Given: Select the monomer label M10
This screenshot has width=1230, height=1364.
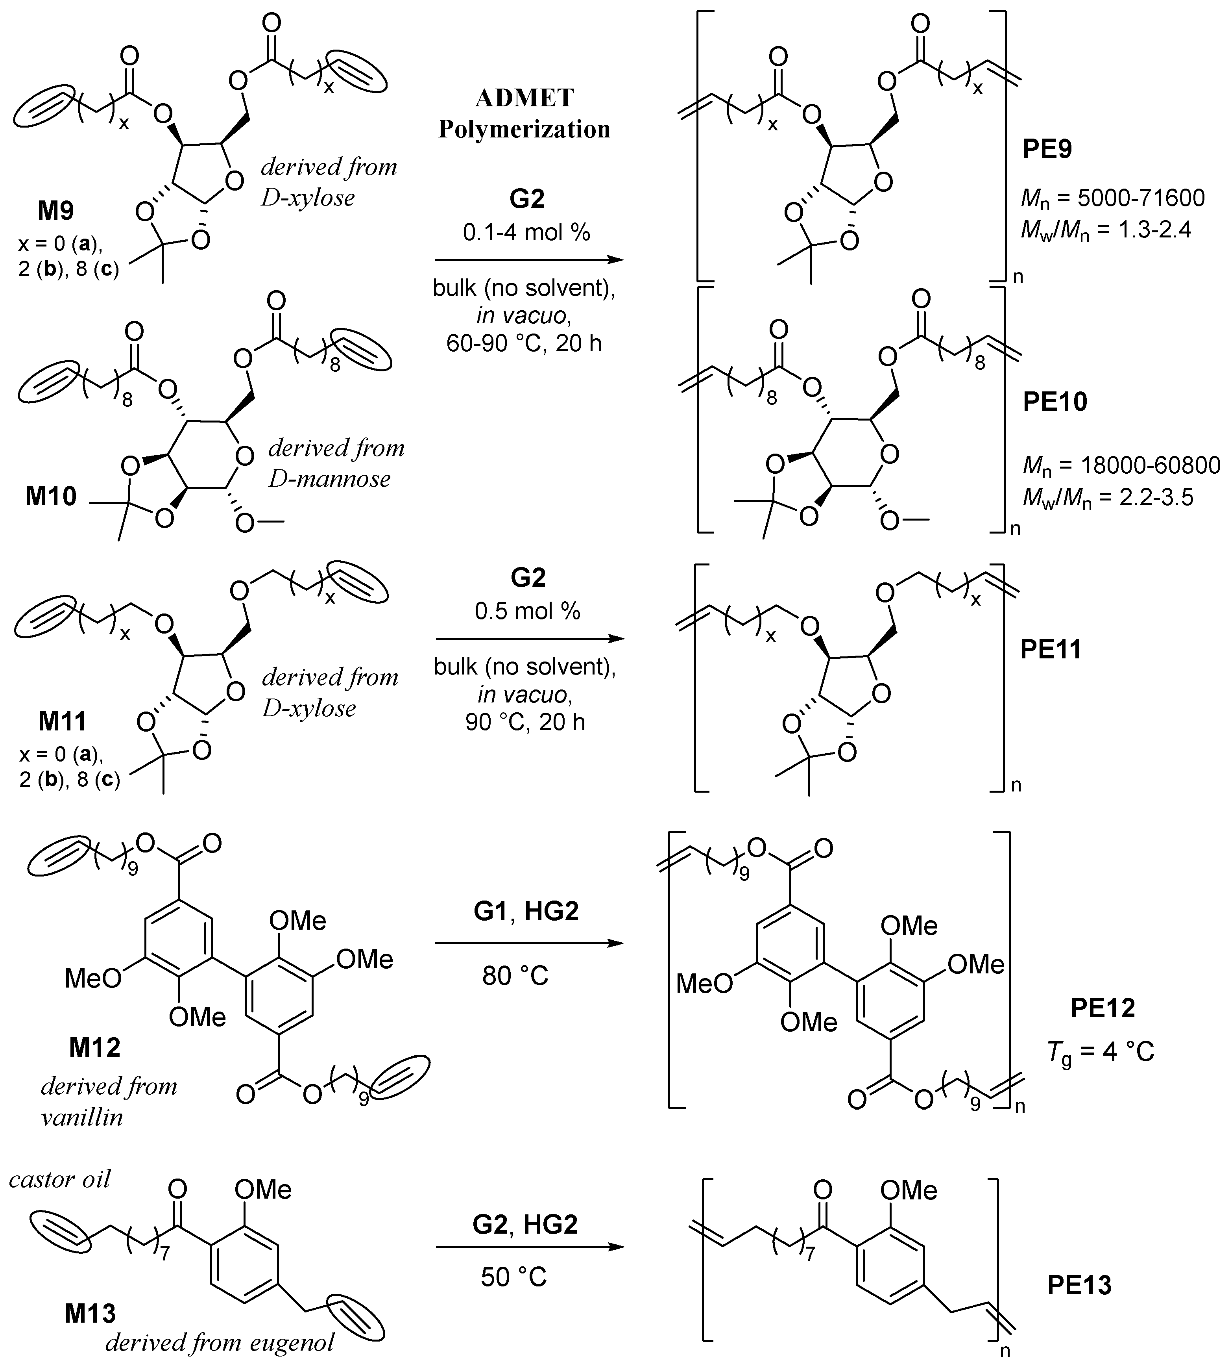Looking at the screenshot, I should [x=52, y=497].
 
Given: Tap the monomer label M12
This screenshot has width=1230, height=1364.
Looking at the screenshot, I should [x=94, y=1047].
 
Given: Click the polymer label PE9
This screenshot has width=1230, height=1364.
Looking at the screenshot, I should [x=1047, y=149].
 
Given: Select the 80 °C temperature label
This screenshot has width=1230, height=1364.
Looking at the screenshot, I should [x=515, y=976].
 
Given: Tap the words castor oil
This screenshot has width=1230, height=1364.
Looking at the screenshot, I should [x=59, y=1179].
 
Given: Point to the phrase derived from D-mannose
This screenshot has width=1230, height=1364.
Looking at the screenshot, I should [x=336, y=463].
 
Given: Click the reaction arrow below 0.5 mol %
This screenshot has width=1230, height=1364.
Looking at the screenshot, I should [x=528, y=638].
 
